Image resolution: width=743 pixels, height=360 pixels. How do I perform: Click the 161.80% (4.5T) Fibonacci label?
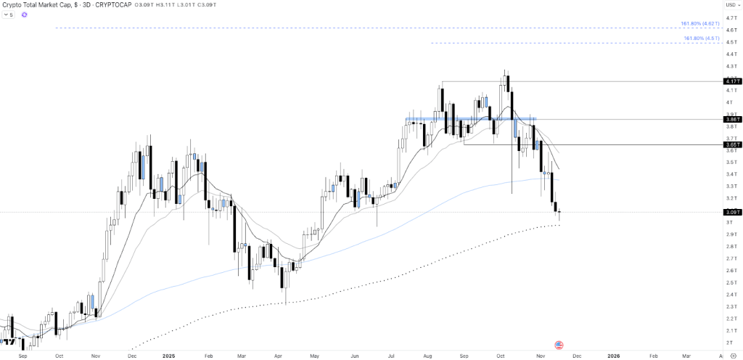click(x=701, y=38)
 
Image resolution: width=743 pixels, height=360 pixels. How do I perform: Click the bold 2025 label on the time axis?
click(x=169, y=356)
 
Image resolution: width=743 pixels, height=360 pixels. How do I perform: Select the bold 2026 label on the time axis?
click(x=613, y=356)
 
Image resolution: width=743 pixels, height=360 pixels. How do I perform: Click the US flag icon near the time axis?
click(x=559, y=345)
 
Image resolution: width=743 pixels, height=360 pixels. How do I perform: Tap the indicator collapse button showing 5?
click(x=9, y=15)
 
